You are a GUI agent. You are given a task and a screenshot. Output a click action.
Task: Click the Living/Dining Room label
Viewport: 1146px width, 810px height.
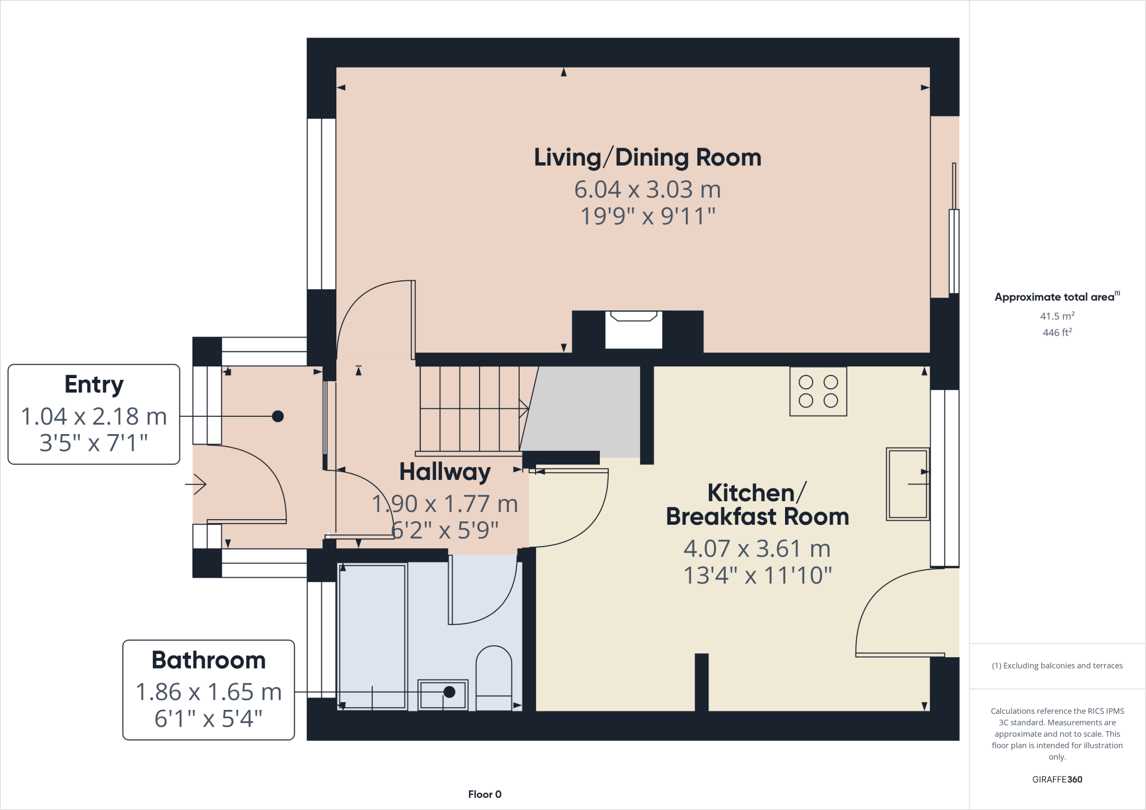point(647,158)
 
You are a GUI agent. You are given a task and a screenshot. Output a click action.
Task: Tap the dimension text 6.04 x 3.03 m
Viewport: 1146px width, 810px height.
point(647,190)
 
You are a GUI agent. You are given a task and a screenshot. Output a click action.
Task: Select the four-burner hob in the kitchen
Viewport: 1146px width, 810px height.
point(818,391)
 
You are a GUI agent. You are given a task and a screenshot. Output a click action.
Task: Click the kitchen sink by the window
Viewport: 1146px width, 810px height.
point(907,484)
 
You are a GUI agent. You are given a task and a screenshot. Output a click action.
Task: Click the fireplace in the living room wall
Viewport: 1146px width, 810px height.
point(633,330)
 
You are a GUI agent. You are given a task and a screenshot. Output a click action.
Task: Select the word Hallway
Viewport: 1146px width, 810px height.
point(445,472)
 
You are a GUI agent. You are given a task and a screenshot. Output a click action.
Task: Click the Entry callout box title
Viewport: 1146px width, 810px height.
point(94,385)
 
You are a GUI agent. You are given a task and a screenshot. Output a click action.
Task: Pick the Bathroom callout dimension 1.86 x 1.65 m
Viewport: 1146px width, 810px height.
point(209,692)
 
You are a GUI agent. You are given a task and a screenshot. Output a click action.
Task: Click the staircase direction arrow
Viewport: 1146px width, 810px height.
point(523,408)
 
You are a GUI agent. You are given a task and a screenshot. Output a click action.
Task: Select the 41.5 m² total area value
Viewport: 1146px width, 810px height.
point(1057,316)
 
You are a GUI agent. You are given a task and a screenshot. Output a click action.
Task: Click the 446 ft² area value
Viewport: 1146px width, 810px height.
point(1057,332)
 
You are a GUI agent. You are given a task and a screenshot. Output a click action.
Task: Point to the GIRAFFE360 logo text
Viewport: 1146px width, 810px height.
point(1057,779)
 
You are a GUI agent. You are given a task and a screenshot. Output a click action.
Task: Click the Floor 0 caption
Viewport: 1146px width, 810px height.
point(485,794)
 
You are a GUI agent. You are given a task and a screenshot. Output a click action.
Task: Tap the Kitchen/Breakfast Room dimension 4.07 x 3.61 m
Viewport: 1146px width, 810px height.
point(757,549)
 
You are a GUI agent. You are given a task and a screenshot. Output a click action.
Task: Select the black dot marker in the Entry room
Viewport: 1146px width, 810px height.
point(278,416)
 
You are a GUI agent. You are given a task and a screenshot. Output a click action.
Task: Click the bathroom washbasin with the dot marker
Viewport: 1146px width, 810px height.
point(443,694)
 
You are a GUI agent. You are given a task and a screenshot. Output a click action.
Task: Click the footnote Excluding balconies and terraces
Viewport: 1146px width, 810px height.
point(1057,666)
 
